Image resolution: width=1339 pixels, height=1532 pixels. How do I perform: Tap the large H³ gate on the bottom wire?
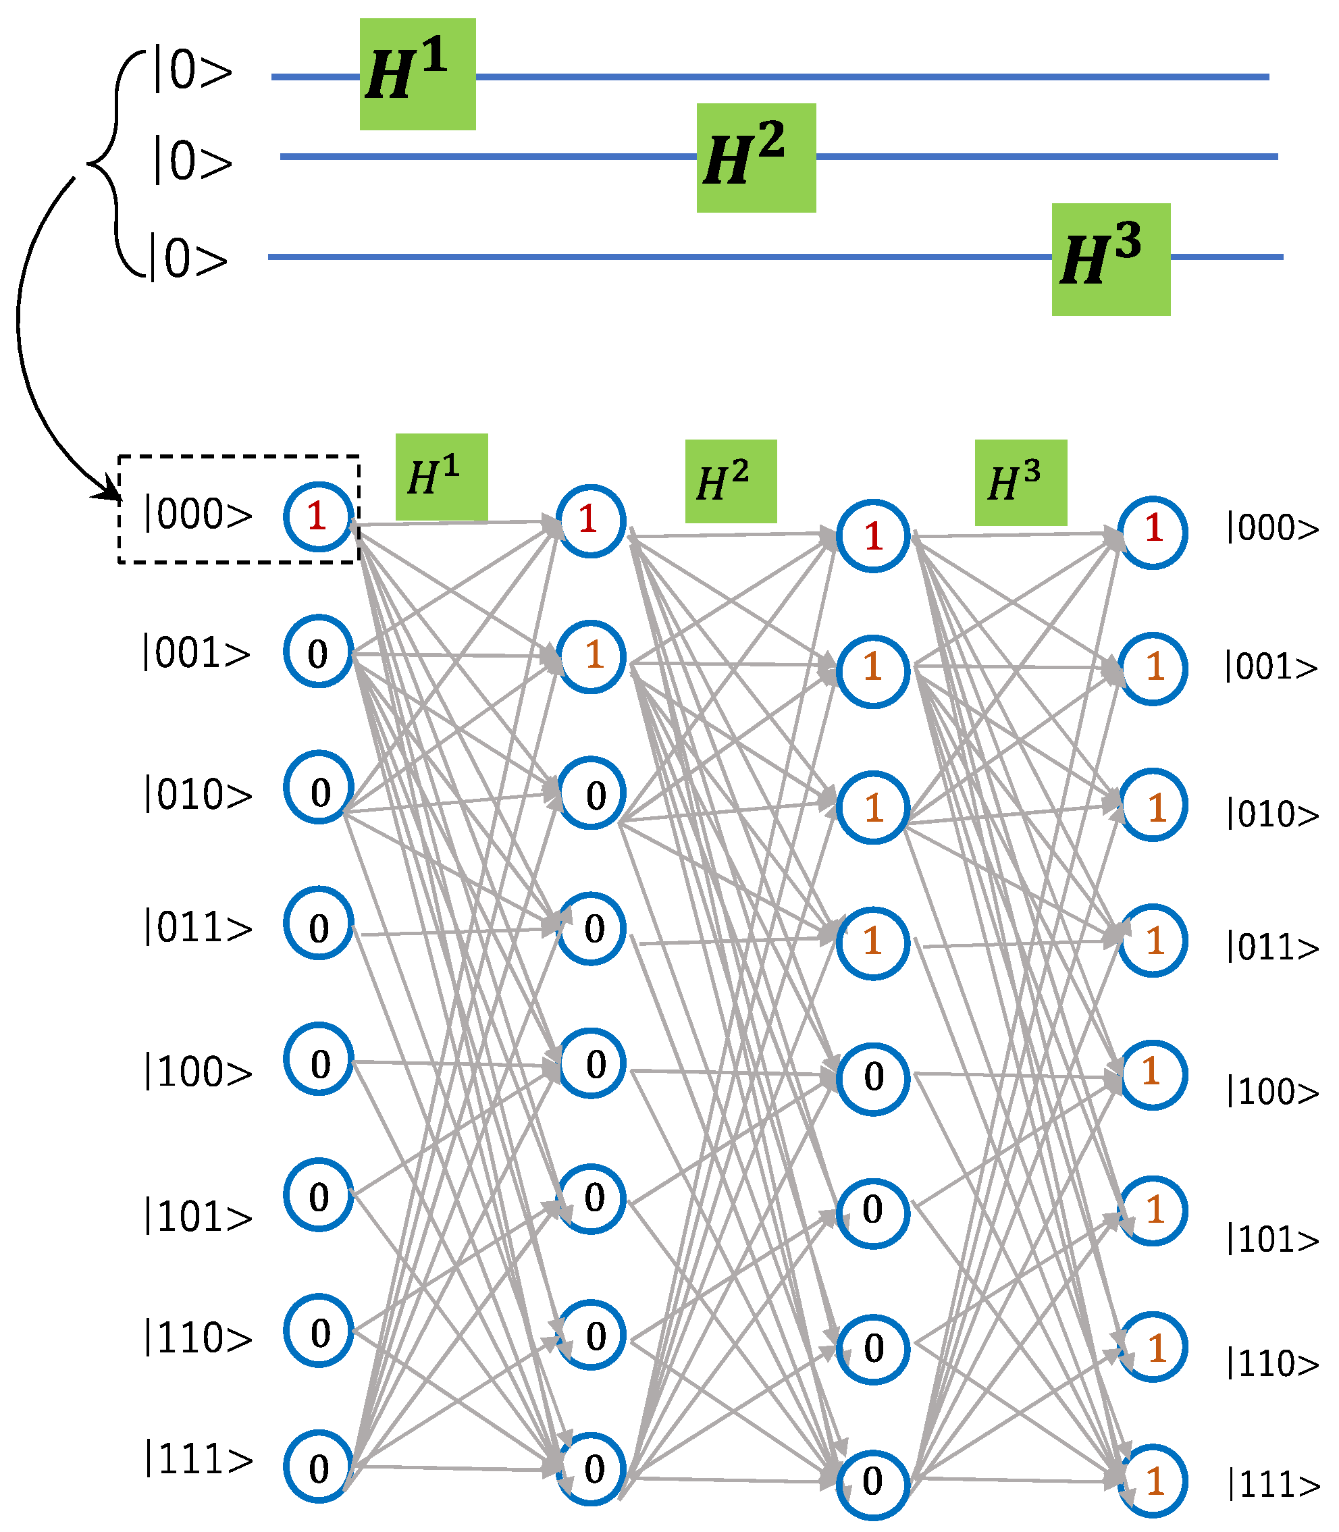[1110, 259]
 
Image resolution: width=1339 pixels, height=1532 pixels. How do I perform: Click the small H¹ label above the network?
[441, 477]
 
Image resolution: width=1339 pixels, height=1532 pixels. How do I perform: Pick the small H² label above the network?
[730, 481]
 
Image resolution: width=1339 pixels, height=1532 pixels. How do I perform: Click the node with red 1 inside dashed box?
[317, 516]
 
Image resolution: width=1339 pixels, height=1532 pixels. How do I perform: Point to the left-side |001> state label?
[196, 653]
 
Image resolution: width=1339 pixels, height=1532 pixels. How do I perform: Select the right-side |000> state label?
[1271, 528]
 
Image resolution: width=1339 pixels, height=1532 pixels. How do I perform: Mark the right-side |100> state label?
[1271, 1091]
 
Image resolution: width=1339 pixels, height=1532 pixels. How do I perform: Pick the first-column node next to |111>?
[317, 1467]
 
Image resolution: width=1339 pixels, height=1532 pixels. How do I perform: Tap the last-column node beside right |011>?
[1152, 940]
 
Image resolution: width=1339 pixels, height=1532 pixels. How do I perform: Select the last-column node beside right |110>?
[1152, 1347]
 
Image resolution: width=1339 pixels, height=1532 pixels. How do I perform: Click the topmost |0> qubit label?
[192, 72]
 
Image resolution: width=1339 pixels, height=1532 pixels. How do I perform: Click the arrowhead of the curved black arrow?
[111, 491]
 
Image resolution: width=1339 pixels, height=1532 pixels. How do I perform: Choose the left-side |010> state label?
[198, 793]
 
